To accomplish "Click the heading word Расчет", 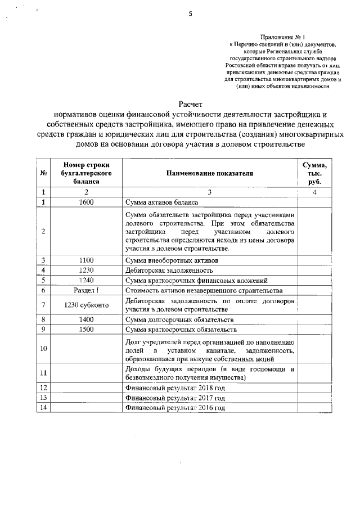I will coord(190,105).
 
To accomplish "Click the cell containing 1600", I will coord(87,202).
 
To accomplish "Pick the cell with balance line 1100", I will coord(87,260).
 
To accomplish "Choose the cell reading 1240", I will coord(87,280).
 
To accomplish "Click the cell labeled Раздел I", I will coord(87,290).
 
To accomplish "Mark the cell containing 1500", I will coord(87,329).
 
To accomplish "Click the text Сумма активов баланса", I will coord(162,202).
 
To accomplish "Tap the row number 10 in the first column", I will coord(43,349).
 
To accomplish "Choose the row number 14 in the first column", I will coord(43,408).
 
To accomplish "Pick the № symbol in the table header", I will coord(43,173).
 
